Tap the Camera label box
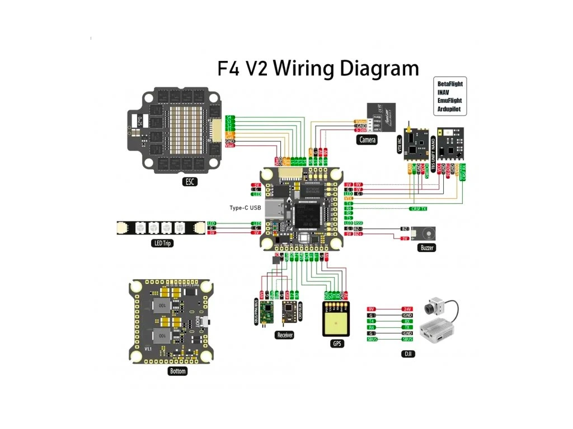pos(367,140)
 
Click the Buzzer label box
pos(426,247)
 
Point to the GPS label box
pos(337,344)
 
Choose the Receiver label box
pos(284,335)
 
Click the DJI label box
pos(408,354)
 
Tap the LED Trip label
pos(162,243)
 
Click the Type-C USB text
pos(245,208)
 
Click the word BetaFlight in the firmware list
pos(450,84)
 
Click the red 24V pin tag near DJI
pos(407,309)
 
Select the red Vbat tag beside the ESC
pos(230,145)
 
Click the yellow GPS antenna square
pos(337,325)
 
